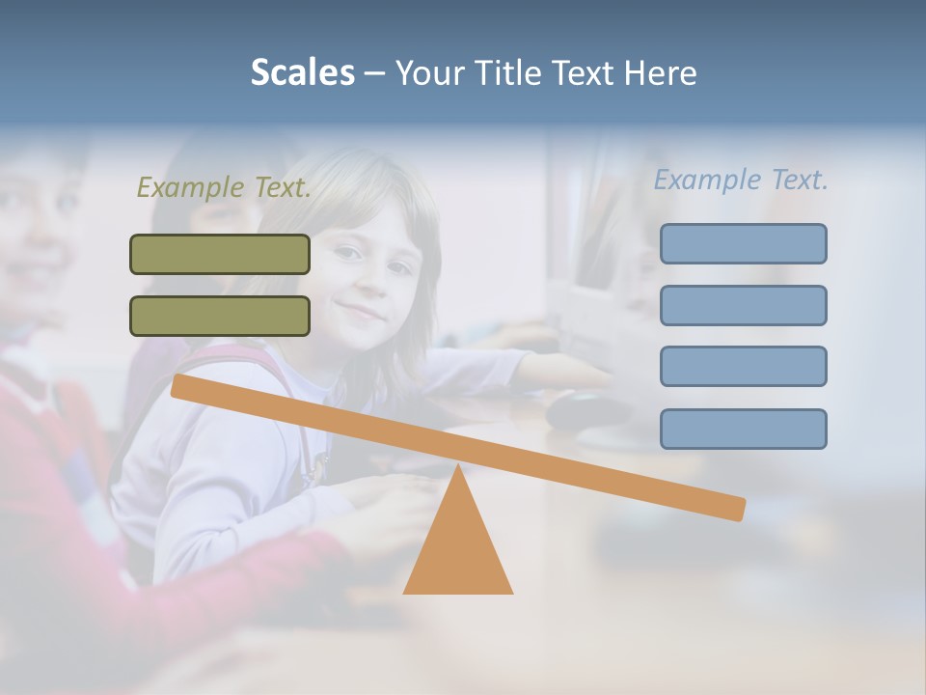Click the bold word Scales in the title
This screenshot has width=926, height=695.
point(302,73)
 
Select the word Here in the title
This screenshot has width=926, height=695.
point(661,73)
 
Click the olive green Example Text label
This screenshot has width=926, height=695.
point(224,188)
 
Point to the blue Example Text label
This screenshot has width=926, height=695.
point(741,181)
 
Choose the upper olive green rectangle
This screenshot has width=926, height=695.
point(220,255)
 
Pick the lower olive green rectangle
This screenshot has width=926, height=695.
point(220,316)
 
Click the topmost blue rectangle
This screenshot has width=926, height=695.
point(743,244)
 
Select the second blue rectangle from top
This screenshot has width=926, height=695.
point(743,305)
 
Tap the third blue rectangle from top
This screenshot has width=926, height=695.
point(743,367)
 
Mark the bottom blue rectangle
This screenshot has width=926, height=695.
point(743,429)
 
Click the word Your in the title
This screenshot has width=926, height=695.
point(427,73)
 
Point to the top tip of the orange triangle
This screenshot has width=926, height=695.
point(458,467)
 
